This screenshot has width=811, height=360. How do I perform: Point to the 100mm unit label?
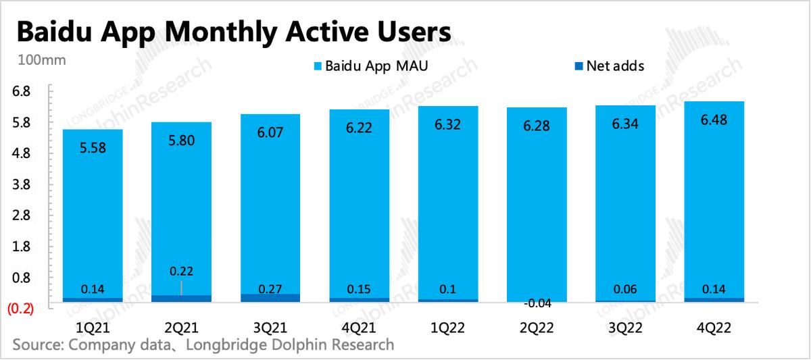tap(41, 60)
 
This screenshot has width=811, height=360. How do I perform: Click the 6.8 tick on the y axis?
tap(21, 91)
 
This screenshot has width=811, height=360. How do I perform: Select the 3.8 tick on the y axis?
tap(21, 184)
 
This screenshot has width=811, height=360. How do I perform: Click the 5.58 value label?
tap(93, 149)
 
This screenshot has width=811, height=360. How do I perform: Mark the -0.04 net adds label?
tap(537, 304)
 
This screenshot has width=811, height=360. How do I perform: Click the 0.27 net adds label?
tap(270, 290)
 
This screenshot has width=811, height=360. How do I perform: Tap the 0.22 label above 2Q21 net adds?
tap(181, 272)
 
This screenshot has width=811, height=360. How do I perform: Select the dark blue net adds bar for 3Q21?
tap(270, 298)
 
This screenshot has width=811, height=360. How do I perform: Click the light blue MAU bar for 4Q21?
tap(359, 203)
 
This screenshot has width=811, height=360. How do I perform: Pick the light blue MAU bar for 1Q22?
tap(447, 203)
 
